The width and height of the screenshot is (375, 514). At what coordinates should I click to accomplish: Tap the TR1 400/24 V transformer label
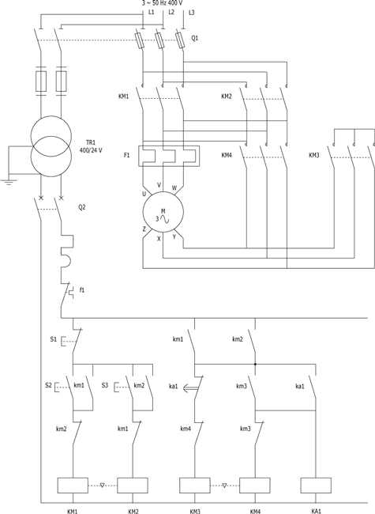point(91,146)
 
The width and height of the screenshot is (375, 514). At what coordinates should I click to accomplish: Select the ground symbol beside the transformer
point(8,182)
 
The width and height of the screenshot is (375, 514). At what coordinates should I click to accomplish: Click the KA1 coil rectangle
point(316,486)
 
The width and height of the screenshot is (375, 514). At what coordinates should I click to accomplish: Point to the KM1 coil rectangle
point(73,486)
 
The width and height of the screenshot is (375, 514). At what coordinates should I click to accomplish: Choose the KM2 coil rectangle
point(133,486)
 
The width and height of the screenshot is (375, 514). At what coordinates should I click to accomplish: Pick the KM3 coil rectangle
point(195,486)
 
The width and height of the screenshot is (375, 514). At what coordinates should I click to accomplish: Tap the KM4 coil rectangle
point(255,486)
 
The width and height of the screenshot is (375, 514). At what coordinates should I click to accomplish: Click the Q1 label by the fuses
point(195,39)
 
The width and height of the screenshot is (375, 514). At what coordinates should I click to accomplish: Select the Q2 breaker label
point(81,207)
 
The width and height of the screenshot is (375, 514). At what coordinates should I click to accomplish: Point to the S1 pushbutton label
point(54,339)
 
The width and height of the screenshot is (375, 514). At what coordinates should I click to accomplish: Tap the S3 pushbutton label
point(104,385)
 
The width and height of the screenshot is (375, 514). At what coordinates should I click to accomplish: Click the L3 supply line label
point(192,13)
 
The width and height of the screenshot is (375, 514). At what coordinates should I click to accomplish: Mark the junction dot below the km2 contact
point(255,364)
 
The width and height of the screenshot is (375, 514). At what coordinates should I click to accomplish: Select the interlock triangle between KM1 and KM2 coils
point(102,486)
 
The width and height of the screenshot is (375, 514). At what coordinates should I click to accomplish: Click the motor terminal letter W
point(174,188)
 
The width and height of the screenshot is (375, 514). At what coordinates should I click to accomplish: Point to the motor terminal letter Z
point(144,229)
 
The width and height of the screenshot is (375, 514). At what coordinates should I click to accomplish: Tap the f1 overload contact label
point(82,290)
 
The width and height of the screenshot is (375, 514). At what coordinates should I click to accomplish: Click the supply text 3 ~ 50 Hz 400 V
point(162,3)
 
